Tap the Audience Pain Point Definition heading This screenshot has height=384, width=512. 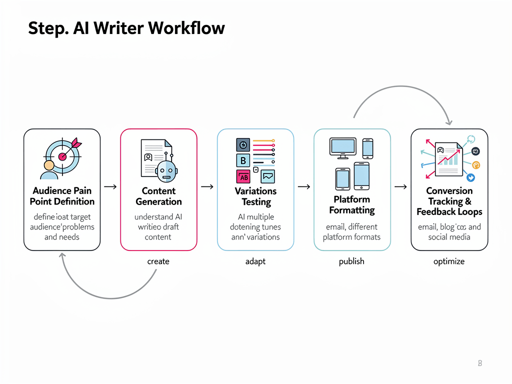[62, 196]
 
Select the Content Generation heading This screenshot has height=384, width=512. [158, 196]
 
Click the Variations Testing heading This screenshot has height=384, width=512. [255, 196]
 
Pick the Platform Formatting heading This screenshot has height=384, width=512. [352, 204]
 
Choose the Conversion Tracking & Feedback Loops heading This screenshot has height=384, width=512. [449, 201]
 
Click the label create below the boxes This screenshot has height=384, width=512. [158, 261]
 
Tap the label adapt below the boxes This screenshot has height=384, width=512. [255, 261]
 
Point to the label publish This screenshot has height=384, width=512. [351, 261]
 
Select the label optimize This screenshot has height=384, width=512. [449, 261]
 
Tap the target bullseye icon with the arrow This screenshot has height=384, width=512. [62, 155]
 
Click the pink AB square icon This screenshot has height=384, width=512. [243, 176]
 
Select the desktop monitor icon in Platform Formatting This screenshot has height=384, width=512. [342, 147]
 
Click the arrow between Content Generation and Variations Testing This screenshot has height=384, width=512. [207, 186]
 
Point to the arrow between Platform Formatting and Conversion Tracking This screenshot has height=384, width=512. [400, 186]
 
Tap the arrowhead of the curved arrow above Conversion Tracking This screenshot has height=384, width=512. [449, 121]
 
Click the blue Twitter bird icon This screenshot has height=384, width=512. [470, 177]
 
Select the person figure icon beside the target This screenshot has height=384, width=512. [49, 169]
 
